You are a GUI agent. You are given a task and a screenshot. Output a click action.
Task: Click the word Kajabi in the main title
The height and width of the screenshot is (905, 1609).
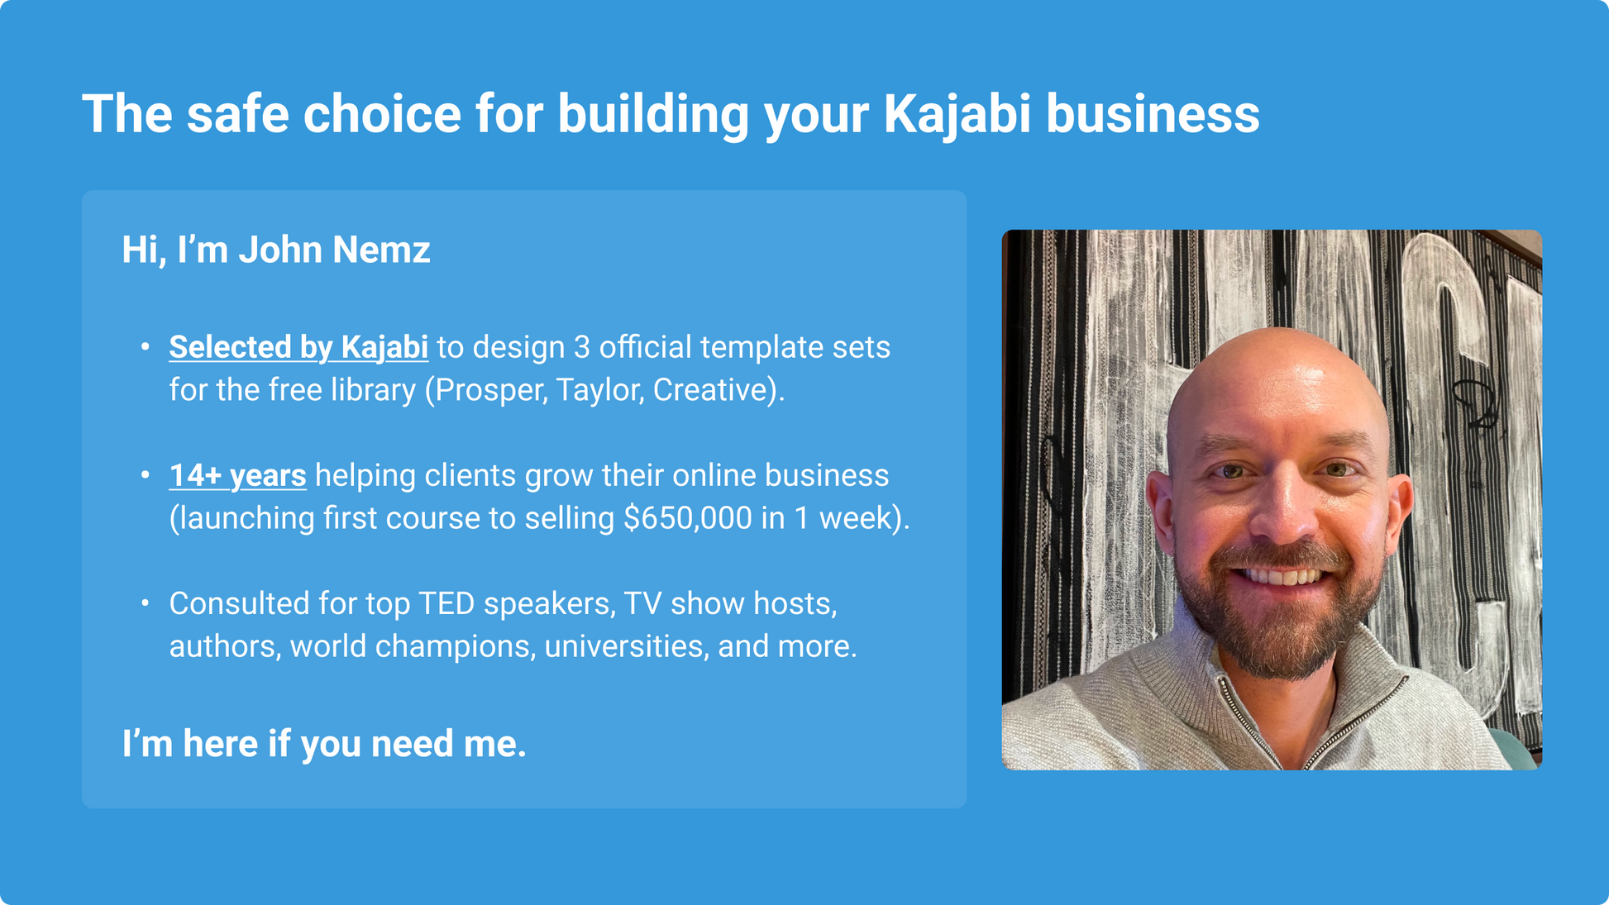point(957,114)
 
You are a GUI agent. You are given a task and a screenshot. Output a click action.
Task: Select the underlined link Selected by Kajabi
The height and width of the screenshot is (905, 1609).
point(298,348)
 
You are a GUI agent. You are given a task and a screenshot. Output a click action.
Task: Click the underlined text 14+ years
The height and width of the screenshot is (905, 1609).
point(237,476)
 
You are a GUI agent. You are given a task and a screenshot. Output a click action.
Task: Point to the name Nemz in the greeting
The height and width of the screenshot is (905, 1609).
point(381,250)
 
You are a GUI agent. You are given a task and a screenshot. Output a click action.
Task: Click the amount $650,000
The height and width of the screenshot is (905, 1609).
point(688,518)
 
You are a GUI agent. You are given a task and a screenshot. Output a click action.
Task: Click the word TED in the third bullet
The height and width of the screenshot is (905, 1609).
point(446,603)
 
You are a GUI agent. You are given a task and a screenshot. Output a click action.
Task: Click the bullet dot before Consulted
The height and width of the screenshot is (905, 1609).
point(146,603)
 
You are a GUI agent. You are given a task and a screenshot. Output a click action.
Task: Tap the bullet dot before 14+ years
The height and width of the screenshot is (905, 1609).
point(146,475)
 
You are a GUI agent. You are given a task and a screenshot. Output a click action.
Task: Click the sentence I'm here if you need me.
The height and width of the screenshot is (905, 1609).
point(324,744)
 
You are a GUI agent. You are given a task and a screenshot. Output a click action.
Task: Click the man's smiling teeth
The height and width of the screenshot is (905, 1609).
point(1281,575)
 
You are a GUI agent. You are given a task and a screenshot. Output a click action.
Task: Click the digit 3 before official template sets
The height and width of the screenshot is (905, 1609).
point(582,348)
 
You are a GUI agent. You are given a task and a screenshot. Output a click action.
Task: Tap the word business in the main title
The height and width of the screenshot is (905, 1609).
point(1153,114)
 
